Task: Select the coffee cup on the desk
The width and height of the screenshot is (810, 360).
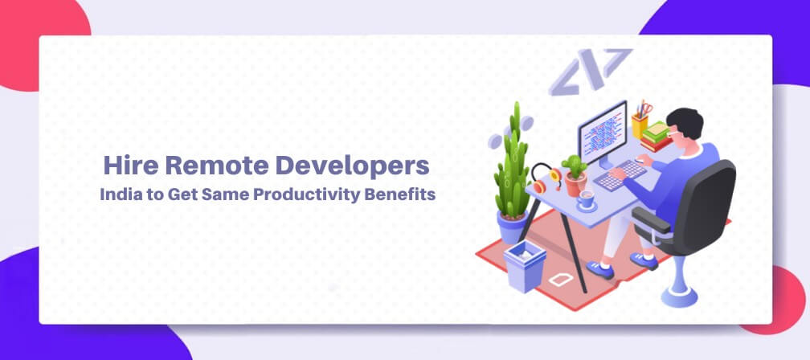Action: pyautogui.click(x=586, y=198)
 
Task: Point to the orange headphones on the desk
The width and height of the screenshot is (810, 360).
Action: pyautogui.click(x=546, y=177)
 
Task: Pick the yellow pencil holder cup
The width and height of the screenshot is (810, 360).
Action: pyautogui.click(x=640, y=125)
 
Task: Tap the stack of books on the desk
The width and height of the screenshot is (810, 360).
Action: pyautogui.click(x=657, y=137)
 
